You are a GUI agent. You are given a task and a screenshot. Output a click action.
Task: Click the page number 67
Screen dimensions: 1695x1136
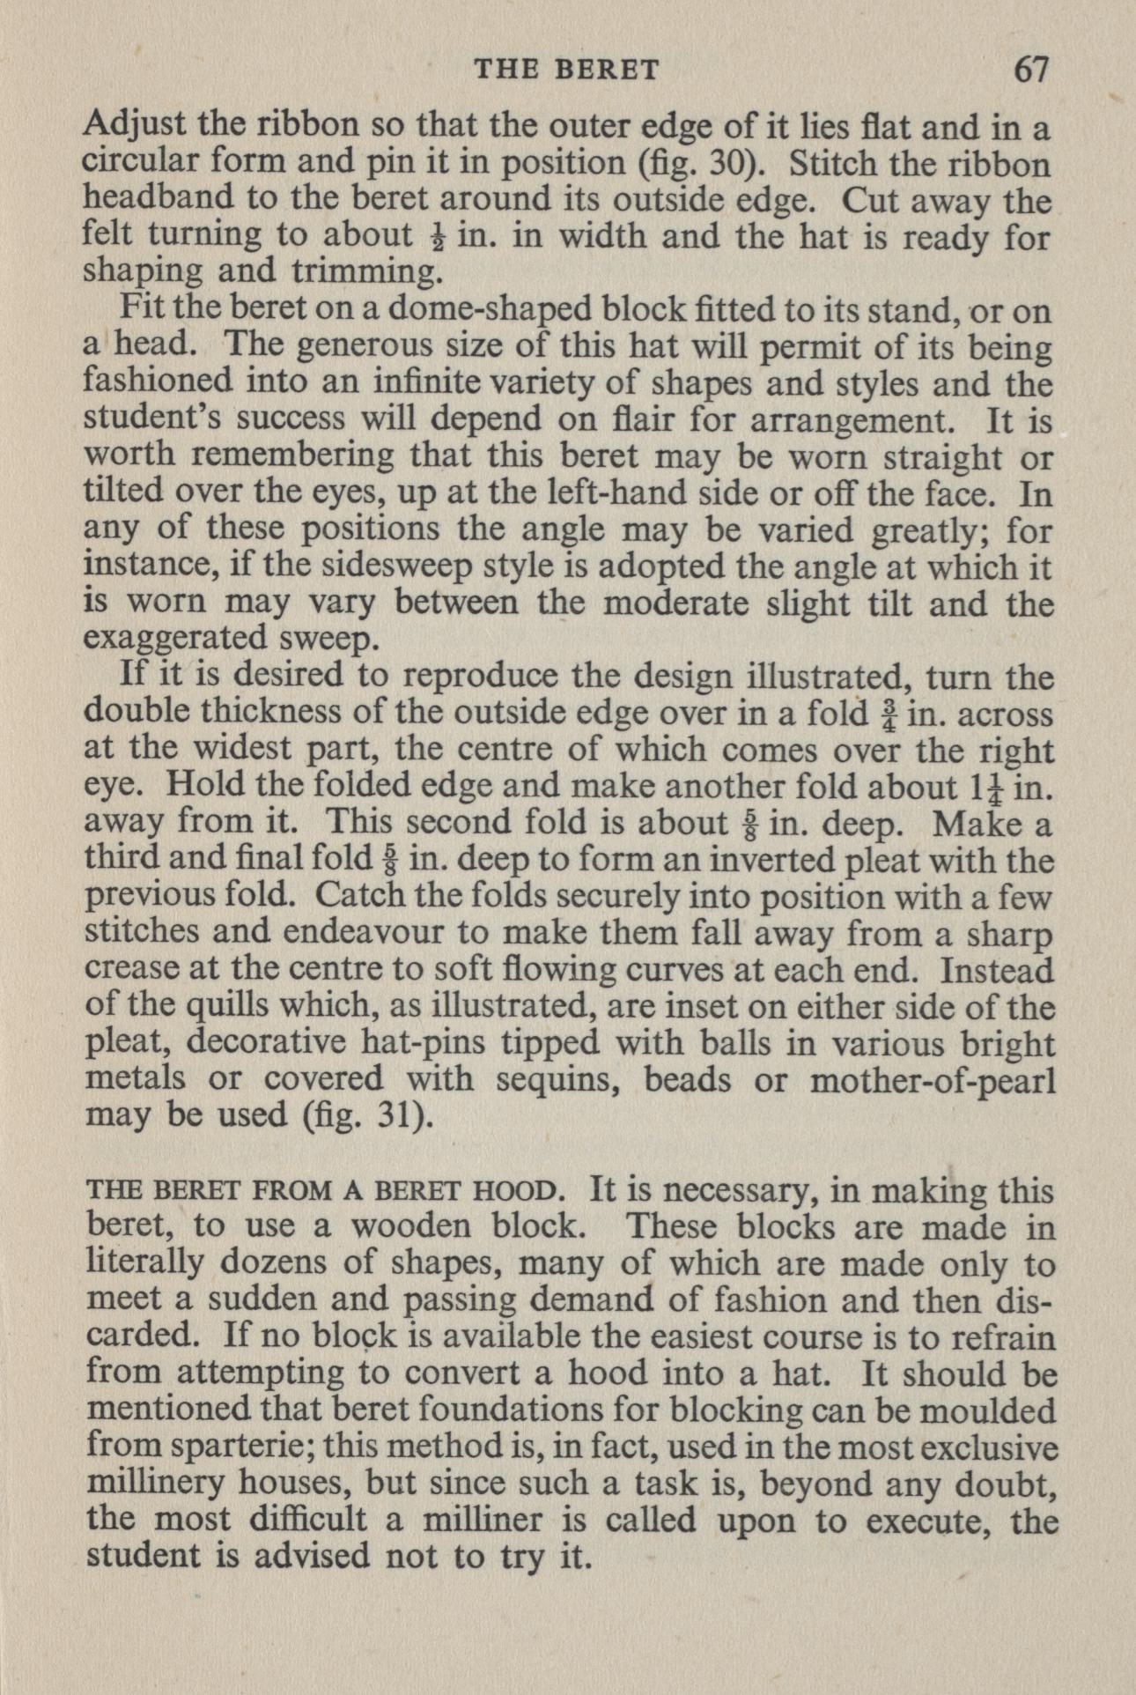click(x=1032, y=69)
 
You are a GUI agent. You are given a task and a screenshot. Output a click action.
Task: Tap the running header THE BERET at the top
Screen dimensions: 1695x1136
click(x=567, y=70)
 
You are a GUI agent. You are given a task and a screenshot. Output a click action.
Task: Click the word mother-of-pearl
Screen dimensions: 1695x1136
click(x=932, y=1079)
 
